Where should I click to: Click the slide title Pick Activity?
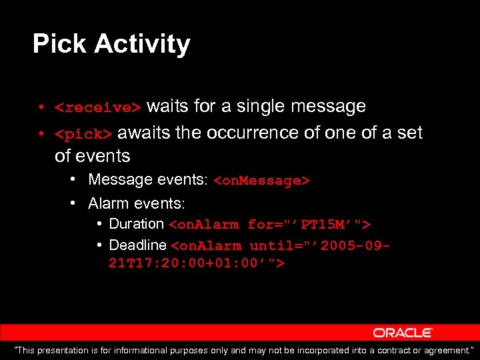[x=111, y=44]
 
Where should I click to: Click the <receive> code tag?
[x=98, y=108]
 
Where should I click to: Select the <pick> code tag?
[x=83, y=135]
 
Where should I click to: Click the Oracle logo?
[x=403, y=333]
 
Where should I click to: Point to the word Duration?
[x=136, y=224]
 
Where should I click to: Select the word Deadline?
[x=137, y=245]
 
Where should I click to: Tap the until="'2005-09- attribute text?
[x=319, y=246]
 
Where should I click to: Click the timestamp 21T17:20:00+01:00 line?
[x=197, y=263]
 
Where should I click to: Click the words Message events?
[x=148, y=180]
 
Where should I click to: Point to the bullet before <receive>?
[x=41, y=107]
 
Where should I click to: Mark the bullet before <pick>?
[x=41, y=134]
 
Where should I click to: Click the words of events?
[x=92, y=156]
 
